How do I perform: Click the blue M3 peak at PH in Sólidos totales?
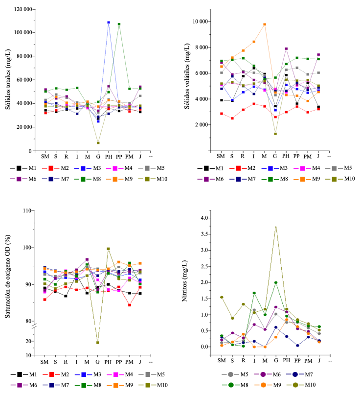[x=109, y=23]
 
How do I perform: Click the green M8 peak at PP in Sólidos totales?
[x=119, y=24]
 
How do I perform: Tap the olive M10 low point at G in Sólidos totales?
[x=98, y=143]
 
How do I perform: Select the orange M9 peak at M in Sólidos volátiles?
[x=265, y=24]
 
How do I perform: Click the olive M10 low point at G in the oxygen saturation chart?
[x=98, y=343]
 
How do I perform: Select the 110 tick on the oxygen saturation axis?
[x=28, y=211]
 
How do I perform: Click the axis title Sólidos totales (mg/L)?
[x=9, y=81]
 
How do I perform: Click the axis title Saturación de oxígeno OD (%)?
[x=9, y=284]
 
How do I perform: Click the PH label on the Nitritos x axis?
[x=287, y=361]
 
